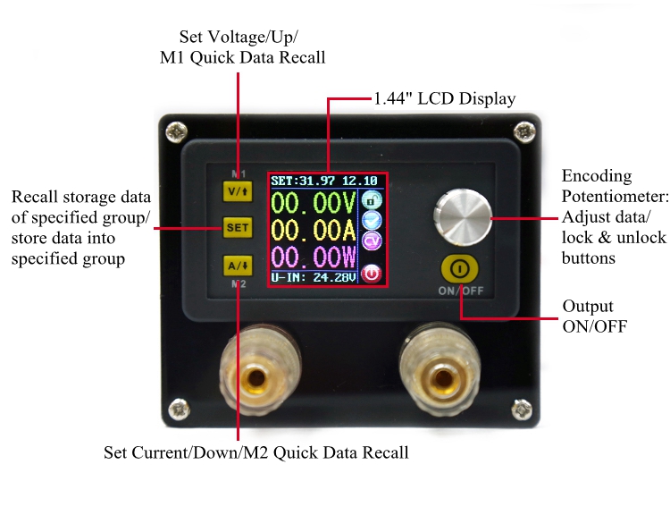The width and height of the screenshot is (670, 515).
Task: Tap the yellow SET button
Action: [238, 228]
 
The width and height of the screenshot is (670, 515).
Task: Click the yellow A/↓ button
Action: [238, 265]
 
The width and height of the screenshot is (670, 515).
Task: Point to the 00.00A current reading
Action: [314, 232]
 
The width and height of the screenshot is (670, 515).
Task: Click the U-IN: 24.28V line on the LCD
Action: [314, 278]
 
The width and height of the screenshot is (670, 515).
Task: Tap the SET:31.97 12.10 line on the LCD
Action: [324, 181]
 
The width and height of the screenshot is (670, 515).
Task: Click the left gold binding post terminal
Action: [257, 372]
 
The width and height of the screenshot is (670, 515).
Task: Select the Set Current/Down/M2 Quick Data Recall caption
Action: [256, 452]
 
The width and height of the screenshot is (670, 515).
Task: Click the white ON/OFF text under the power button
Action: [461, 291]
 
